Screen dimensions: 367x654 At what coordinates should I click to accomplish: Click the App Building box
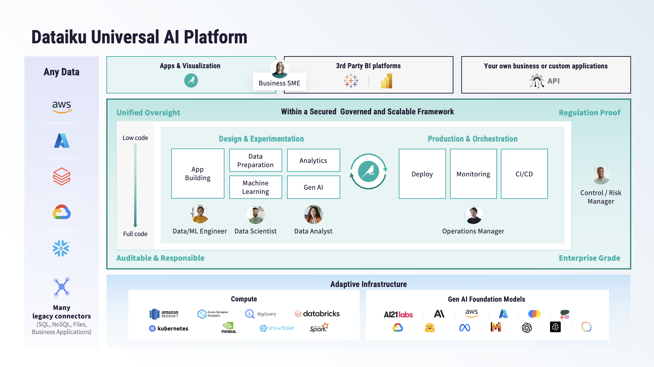coord(197,174)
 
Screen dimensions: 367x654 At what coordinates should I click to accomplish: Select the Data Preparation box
coord(255,160)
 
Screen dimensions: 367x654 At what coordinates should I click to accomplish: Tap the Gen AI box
coord(313,187)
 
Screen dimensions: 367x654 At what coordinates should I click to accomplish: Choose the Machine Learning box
coord(255,187)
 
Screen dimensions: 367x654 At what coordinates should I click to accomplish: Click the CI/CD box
coord(524,174)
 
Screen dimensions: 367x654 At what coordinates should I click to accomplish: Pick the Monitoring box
coord(473,174)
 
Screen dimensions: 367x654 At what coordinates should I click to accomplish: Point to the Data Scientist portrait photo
coord(255,215)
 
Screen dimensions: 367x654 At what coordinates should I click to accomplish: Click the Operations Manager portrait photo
coord(473,215)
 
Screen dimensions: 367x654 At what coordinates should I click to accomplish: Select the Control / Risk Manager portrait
coord(601,175)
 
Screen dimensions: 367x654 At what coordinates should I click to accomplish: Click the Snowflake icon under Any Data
coord(61,248)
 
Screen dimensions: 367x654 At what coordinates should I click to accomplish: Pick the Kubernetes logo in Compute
coord(169,328)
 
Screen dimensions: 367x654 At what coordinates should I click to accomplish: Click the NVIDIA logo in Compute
coord(229,328)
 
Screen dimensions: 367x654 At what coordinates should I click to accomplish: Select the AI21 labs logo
coord(398,314)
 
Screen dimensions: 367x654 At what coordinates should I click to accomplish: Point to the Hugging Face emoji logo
coord(430,328)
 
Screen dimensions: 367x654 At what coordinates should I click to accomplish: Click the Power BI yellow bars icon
coord(387,81)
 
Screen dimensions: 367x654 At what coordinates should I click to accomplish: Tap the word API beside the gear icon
coord(553,81)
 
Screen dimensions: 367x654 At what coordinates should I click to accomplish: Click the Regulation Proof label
coord(589,113)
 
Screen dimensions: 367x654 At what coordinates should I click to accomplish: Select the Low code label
coord(135,138)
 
